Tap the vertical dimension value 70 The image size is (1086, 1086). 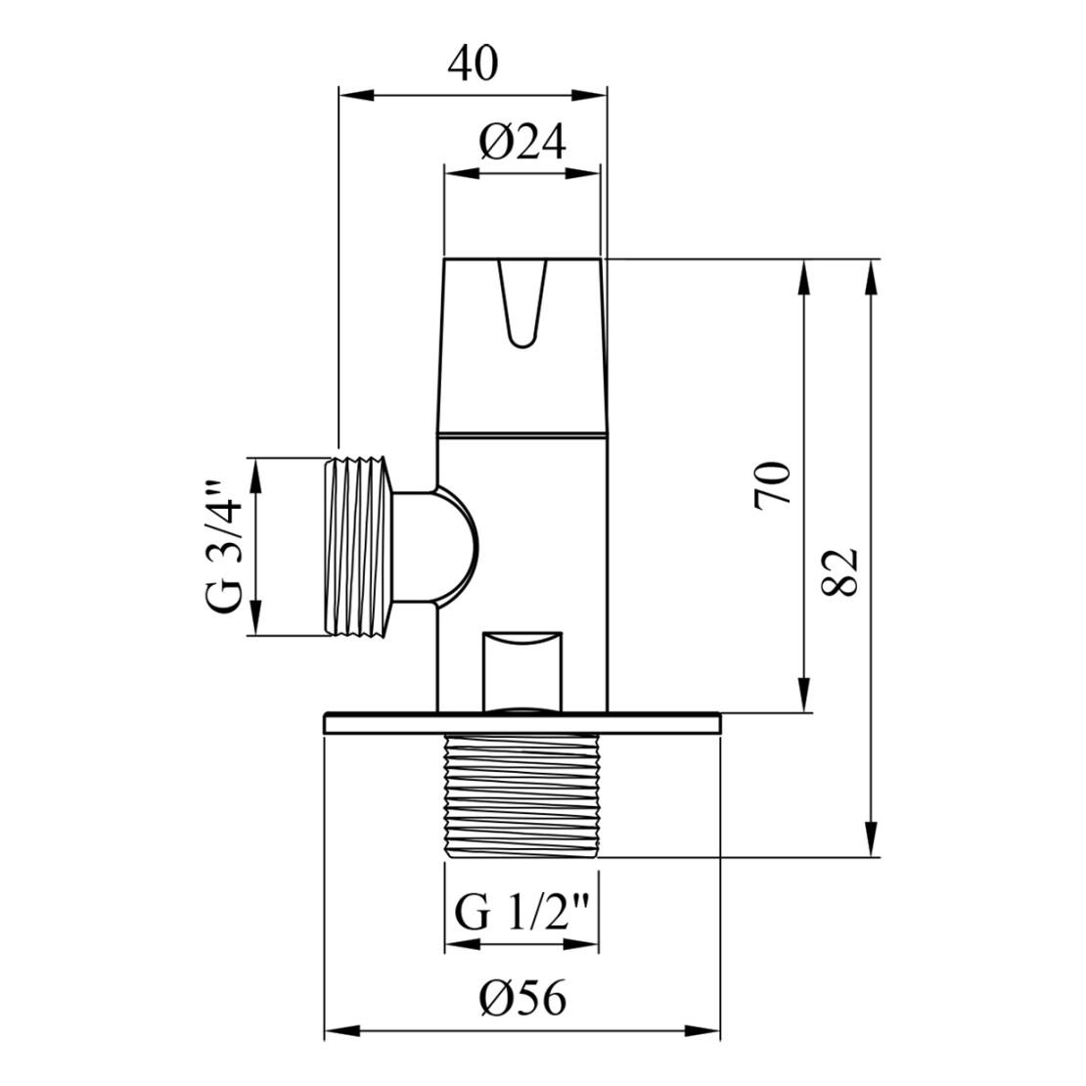pyautogui.click(x=772, y=483)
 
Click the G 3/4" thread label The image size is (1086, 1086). pyautogui.click(x=224, y=547)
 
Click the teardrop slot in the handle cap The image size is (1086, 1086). pyautogui.click(x=520, y=303)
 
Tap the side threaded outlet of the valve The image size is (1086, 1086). pyautogui.click(x=360, y=547)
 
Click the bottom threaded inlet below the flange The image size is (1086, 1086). pyautogui.click(x=521, y=795)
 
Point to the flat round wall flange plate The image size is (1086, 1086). pyautogui.click(x=521, y=723)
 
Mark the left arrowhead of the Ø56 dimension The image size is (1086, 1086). pyautogui.click(x=338, y=1031)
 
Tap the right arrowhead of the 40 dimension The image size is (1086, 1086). pyautogui.click(x=593, y=95)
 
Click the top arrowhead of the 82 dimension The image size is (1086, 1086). pyautogui.click(x=869, y=275)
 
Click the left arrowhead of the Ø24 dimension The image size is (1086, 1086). pyautogui.click(x=459, y=173)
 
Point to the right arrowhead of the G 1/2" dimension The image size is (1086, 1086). pyautogui.click(x=586, y=945)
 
